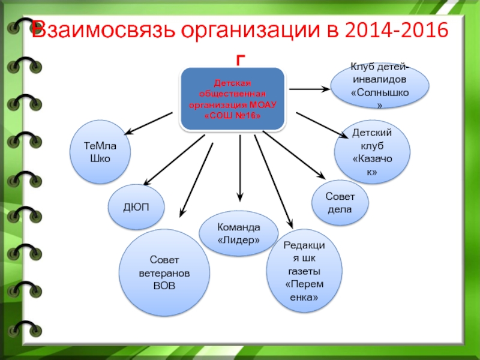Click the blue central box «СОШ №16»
coord(233,99)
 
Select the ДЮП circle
coord(136,207)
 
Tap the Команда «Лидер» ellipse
coord(238,233)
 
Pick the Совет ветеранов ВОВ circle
coord(164,272)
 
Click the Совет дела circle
coord(340,203)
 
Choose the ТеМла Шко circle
coord(100,152)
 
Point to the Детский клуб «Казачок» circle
coord(372,152)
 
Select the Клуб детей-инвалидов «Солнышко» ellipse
coord(380,86)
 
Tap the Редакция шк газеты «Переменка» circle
coord(304,271)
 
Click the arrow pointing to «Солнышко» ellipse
coord(309,89)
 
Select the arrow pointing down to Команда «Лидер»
coord(240,168)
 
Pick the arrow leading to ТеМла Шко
coord(148,124)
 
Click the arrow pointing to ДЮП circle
coord(174,160)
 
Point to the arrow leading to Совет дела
coord(294,155)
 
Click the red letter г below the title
coord(241,61)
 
